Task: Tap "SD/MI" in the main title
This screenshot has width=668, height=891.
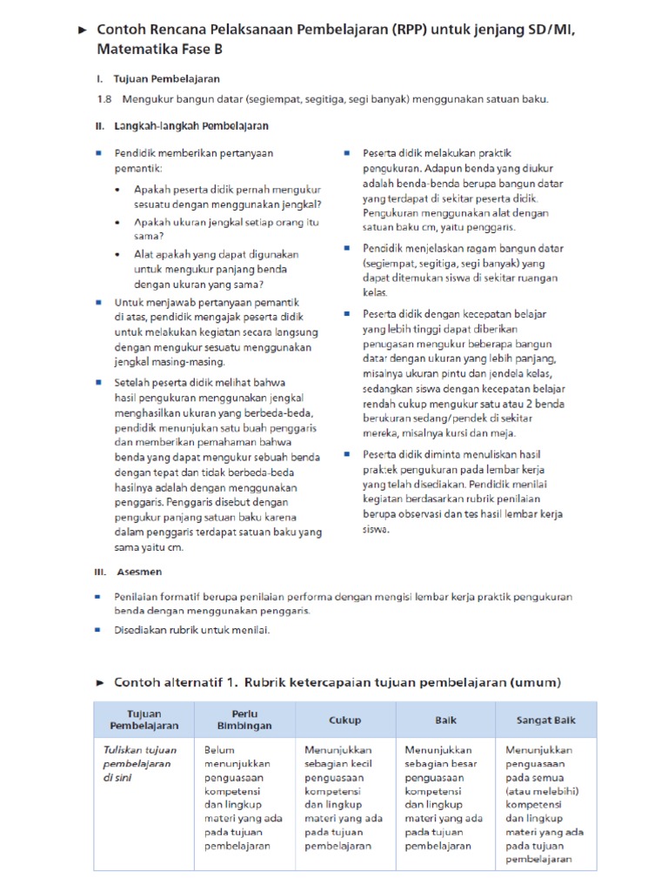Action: [545, 30]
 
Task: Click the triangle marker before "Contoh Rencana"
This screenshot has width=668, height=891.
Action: [83, 30]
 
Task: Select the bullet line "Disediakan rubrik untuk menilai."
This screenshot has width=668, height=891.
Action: [191, 630]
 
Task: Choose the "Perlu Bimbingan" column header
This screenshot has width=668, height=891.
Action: [245, 720]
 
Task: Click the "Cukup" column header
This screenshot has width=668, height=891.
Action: [345, 720]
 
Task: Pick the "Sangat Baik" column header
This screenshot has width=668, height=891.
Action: [546, 720]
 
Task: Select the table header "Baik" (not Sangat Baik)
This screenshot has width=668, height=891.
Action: [445, 720]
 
